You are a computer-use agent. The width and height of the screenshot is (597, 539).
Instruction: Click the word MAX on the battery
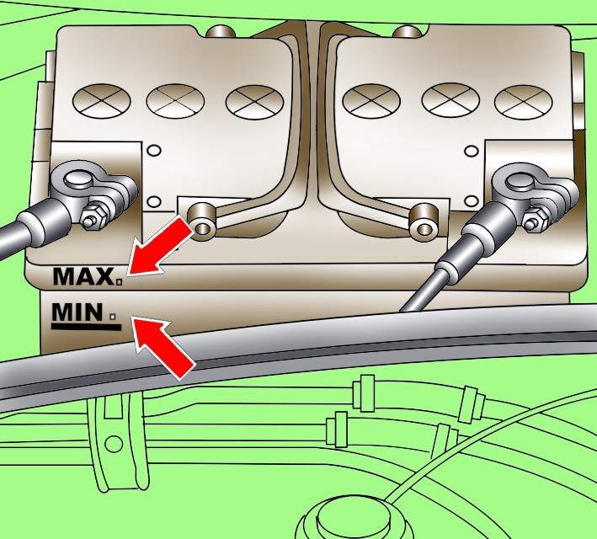83,276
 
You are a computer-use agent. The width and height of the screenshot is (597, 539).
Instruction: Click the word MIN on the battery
77,312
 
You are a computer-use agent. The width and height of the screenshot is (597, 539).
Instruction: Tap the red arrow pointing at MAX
159,248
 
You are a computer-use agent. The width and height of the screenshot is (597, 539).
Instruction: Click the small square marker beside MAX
120,282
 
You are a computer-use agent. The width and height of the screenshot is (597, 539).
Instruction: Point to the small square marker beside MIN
113,316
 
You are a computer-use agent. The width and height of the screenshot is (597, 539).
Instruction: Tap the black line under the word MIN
87,328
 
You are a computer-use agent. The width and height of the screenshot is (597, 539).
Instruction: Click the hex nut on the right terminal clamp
533,220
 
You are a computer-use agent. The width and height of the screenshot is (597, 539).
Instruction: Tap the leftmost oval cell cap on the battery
101,100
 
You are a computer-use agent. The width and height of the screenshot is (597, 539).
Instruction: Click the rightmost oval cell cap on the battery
523,101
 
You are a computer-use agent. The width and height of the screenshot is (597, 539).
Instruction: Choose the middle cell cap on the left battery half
175,100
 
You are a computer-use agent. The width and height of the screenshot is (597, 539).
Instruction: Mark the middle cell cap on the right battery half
450,100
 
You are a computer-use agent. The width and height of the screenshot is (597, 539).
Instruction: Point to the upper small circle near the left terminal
154,151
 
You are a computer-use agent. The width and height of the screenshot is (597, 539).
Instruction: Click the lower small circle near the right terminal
472,200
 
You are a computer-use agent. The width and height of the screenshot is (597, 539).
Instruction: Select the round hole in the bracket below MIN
114,443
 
